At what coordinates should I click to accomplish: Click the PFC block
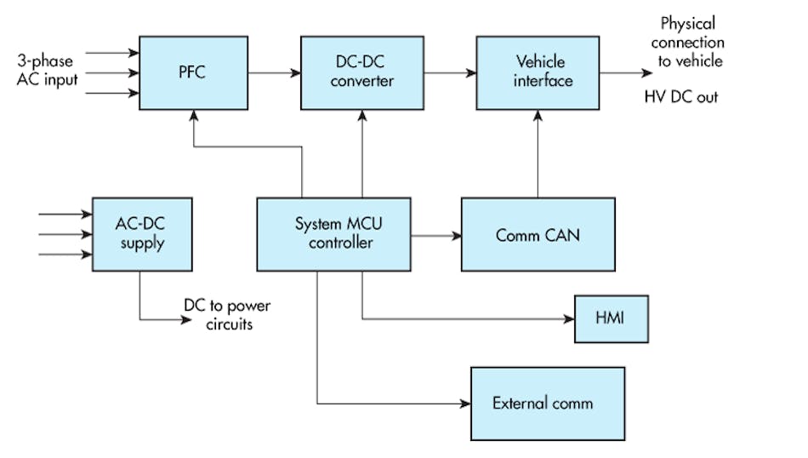point(193,72)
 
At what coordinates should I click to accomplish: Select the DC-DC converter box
point(361,72)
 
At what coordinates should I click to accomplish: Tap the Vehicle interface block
point(538,72)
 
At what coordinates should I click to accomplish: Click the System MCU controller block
point(333,234)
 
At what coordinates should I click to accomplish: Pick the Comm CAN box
point(538,234)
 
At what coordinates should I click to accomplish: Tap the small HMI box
point(611,319)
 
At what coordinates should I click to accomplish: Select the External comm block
point(548,403)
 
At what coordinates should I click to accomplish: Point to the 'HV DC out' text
point(680,97)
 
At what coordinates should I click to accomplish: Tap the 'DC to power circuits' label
point(227,314)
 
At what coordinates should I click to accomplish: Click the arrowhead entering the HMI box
point(569,319)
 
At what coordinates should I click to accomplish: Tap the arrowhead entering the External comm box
point(465,403)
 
